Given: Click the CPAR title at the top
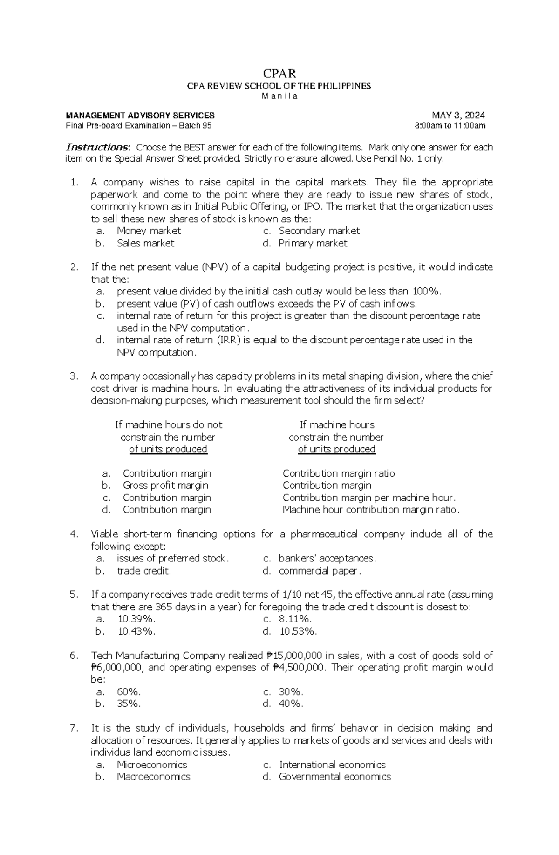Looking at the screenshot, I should (x=279, y=73).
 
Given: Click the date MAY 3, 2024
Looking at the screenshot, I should (x=458, y=116).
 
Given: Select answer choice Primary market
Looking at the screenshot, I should (x=313, y=243).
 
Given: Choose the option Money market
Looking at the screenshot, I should (x=149, y=231).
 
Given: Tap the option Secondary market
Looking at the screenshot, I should (x=319, y=231).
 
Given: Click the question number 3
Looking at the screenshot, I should (x=74, y=376).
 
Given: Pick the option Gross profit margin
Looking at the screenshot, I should (x=165, y=486).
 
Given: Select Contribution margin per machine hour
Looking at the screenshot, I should (x=369, y=498).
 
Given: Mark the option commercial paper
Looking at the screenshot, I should (x=320, y=571).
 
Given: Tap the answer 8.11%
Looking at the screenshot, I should (x=295, y=619).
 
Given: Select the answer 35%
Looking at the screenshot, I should (x=129, y=704).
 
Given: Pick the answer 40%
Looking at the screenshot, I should (x=291, y=704).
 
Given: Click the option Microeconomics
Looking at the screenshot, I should (x=152, y=765).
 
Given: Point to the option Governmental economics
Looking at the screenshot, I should (x=334, y=777).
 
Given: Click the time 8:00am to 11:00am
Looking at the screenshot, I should (x=450, y=126).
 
